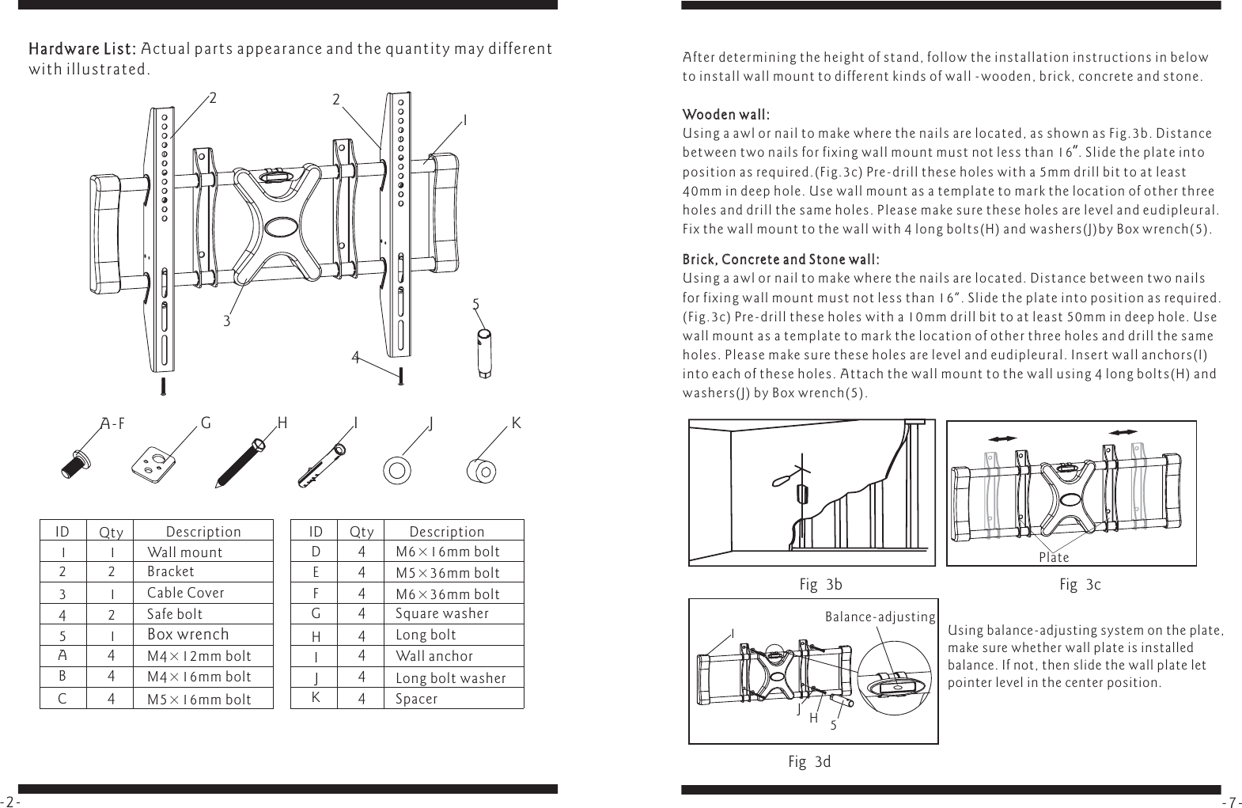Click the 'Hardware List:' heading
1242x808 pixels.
[x=83, y=49]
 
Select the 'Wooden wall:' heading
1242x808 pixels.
[x=726, y=116]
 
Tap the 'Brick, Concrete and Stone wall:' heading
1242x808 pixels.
[x=780, y=260]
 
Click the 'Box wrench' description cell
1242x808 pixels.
[x=187, y=635]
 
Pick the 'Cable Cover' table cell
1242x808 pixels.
[x=185, y=593]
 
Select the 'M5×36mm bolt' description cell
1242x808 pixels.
[x=447, y=573]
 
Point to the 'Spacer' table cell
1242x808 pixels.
[x=416, y=699]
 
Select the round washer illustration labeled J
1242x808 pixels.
[x=396, y=470]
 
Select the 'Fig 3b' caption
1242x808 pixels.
[x=820, y=586]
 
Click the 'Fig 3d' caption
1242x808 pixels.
[x=809, y=762]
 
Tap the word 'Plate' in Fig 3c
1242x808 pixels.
[x=1053, y=558]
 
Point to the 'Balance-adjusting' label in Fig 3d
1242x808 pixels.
[x=880, y=616]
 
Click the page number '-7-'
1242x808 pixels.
[x=1231, y=802]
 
